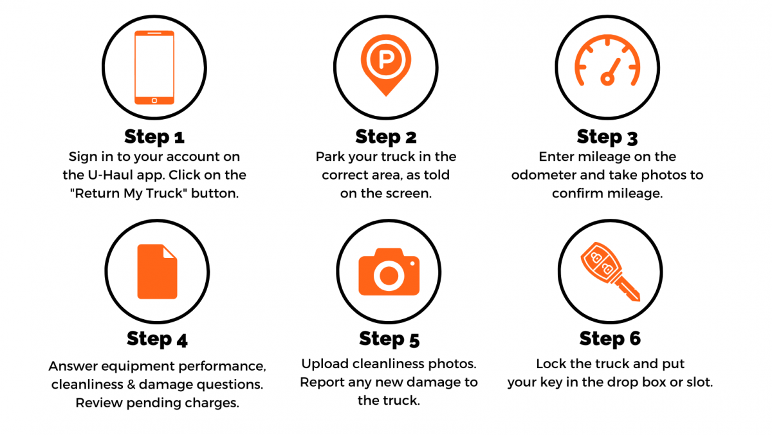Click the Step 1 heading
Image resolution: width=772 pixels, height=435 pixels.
click(154, 136)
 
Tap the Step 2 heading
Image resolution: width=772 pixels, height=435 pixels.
click(386, 136)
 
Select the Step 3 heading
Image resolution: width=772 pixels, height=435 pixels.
click(607, 136)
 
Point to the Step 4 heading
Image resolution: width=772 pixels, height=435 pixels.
click(157, 338)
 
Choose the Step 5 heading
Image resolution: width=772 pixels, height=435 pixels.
click(389, 338)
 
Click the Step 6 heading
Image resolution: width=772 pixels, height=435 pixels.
click(610, 338)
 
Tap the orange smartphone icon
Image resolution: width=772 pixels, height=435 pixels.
click(154, 67)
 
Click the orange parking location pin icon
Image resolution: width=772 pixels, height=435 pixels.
click(386, 64)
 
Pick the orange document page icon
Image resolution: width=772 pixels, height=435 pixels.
click(157, 271)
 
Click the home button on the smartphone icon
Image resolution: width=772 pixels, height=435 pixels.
click(154, 100)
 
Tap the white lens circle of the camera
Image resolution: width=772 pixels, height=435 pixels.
click(389, 275)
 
